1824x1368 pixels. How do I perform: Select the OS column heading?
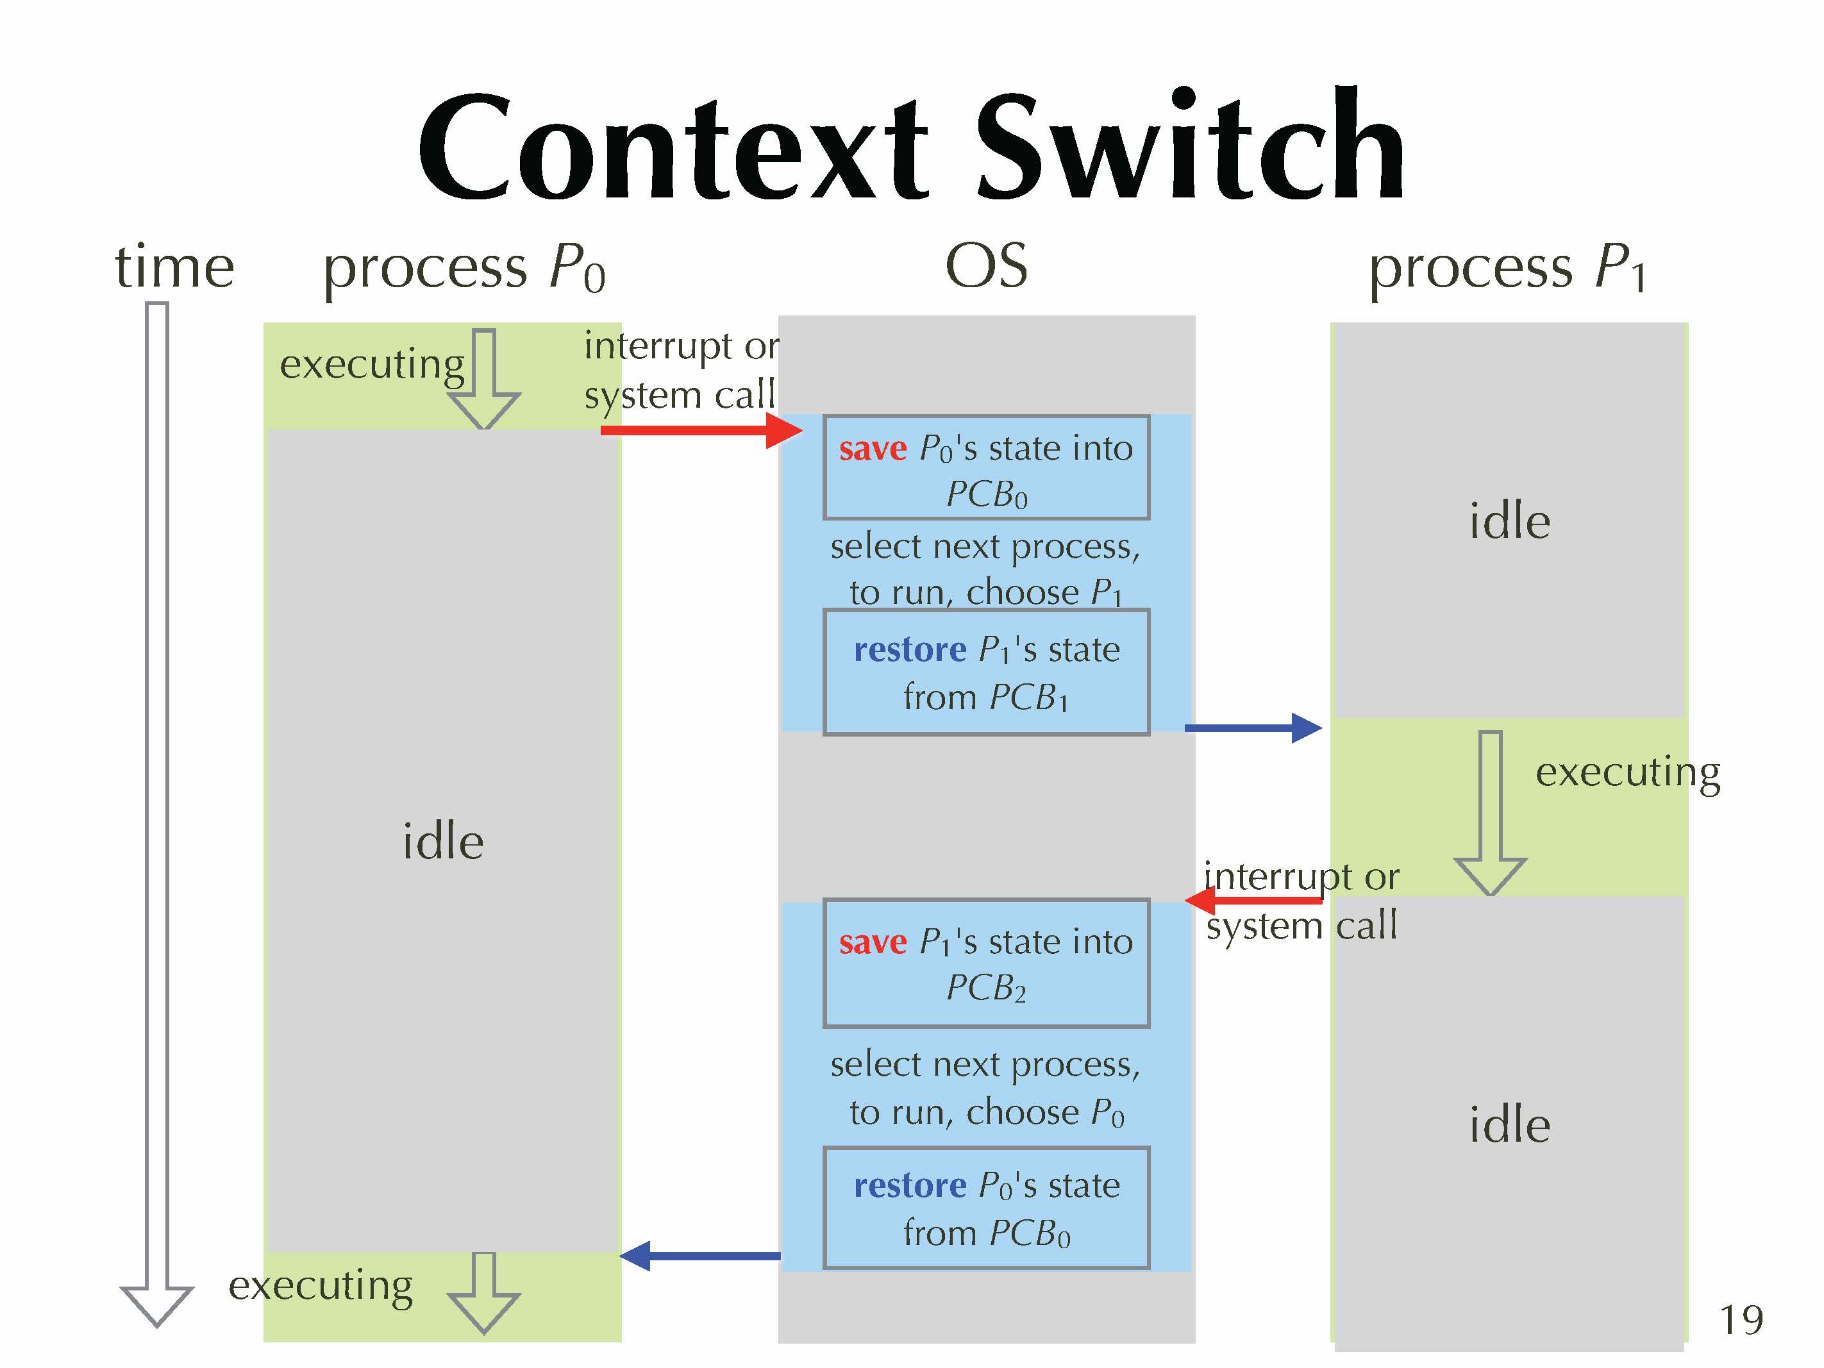click(986, 265)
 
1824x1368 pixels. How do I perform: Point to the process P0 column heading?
click(464, 269)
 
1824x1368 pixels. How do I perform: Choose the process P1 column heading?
click(1507, 269)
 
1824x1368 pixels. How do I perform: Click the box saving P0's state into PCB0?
click(986, 467)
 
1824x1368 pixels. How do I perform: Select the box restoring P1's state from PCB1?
click(986, 672)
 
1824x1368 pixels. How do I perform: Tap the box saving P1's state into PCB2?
click(986, 962)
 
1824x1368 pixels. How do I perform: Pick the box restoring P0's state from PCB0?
click(986, 1207)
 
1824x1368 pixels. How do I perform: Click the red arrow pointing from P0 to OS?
click(700, 430)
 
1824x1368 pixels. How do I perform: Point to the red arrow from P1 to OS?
click(1253, 899)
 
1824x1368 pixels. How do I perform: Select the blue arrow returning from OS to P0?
click(700, 1256)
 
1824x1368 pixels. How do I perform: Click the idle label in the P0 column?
click(443, 842)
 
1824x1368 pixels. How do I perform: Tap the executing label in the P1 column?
click(1627, 772)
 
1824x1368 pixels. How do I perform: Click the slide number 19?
click(1741, 1320)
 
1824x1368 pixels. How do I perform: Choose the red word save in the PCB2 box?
click(873, 942)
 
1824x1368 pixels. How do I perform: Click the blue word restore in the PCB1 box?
click(910, 650)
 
